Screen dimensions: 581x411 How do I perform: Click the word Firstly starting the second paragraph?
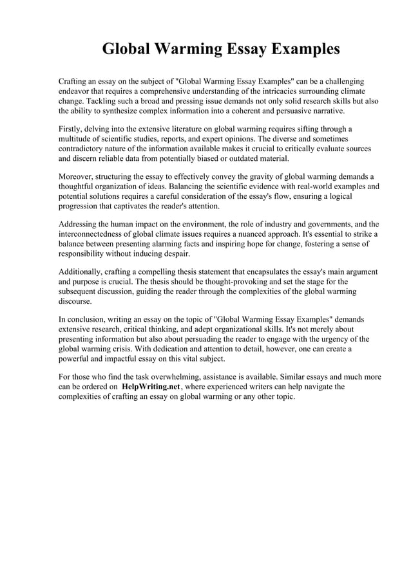click(x=72, y=129)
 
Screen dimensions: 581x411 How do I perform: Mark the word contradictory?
click(x=83, y=148)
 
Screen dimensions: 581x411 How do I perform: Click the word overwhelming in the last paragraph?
click(x=188, y=376)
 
